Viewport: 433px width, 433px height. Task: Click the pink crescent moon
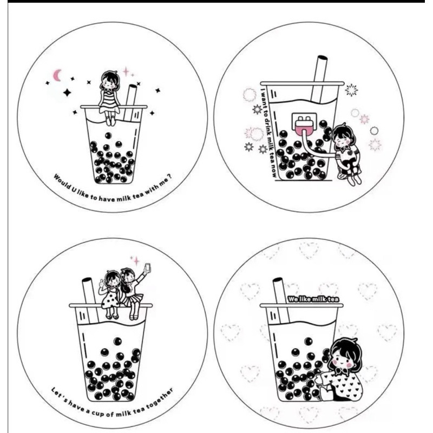(57, 75)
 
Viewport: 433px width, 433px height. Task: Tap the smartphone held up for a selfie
(148, 267)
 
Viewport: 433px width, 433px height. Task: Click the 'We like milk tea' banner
(313, 299)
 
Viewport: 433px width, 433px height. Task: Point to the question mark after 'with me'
(170, 177)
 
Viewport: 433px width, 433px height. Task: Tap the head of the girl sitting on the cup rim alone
(110, 80)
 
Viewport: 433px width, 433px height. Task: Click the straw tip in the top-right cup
(322, 58)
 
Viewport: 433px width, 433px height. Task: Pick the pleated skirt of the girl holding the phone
(133, 300)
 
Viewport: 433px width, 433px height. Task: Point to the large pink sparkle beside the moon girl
(126, 71)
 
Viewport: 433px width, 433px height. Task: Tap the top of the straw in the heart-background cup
(277, 280)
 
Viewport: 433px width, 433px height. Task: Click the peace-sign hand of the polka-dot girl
(101, 283)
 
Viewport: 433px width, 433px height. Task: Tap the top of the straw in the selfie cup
(87, 280)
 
